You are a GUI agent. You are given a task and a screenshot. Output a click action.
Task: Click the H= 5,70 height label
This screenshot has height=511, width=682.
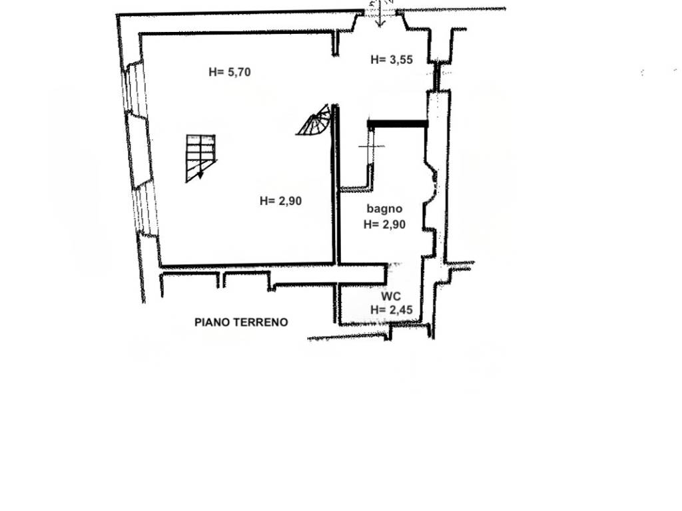[230, 72]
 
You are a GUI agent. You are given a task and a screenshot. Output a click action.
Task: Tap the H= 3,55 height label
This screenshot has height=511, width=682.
[392, 59]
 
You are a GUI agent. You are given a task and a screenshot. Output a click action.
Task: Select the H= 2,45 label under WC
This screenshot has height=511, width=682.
[392, 309]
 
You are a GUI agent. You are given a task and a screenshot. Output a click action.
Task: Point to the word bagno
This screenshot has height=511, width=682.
[384, 209]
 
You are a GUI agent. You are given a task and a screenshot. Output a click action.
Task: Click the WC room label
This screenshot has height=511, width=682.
[391, 296]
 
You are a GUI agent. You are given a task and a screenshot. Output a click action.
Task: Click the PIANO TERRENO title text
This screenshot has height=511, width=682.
[241, 322]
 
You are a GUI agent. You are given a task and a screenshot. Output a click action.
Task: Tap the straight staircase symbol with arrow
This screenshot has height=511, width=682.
[200, 158]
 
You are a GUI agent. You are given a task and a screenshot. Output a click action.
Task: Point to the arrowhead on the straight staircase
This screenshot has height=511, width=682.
[200, 175]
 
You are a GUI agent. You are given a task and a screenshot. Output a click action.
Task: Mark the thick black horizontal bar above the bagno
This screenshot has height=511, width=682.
[398, 124]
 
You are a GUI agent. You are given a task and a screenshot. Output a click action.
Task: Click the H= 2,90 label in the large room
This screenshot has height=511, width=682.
[280, 201]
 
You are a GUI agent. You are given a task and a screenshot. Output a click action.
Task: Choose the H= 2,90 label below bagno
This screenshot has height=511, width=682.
[384, 224]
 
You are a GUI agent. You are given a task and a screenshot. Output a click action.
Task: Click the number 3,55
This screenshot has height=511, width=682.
[401, 59]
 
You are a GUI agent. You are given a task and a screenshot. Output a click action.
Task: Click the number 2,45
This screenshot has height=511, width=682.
[401, 309]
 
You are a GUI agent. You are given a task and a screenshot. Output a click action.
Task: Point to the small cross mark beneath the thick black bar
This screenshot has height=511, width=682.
[371, 146]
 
